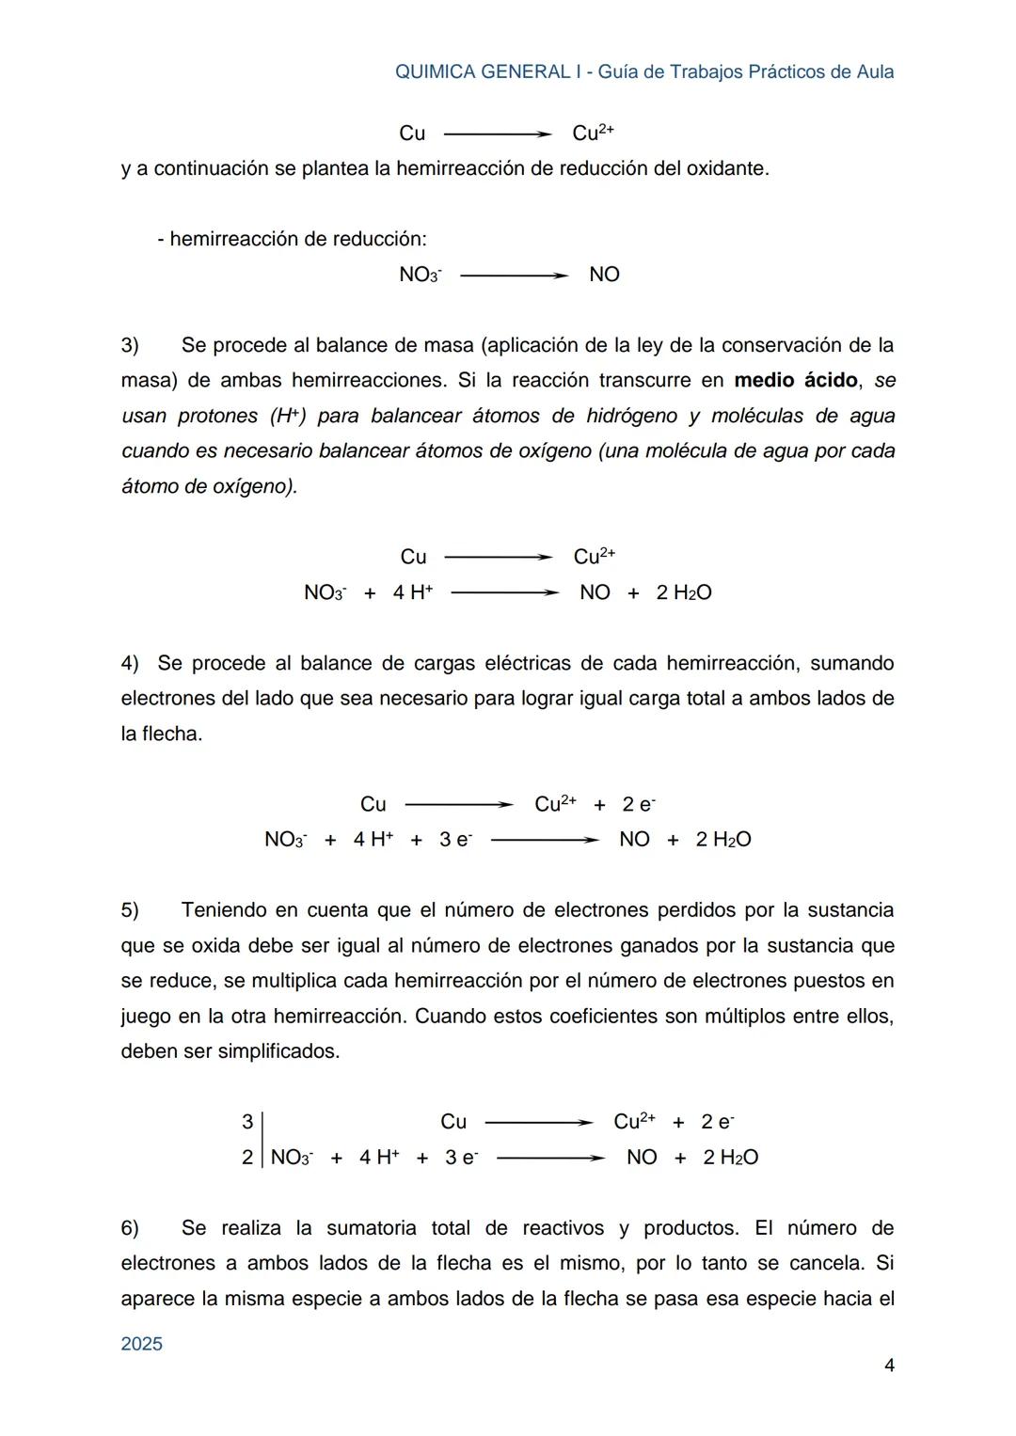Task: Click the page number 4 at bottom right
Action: point(889,1365)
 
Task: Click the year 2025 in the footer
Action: point(142,1344)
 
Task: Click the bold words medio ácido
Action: point(795,381)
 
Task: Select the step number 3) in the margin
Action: point(130,345)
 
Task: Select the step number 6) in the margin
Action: point(130,1228)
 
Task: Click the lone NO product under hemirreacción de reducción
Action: point(604,275)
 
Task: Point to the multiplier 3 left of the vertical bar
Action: point(247,1122)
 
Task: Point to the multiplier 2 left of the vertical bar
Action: point(247,1158)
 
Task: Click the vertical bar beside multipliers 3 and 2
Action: point(262,1140)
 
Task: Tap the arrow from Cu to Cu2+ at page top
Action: point(497,134)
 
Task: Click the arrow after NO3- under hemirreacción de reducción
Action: point(514,276)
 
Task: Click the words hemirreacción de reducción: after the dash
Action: point(298,240)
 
